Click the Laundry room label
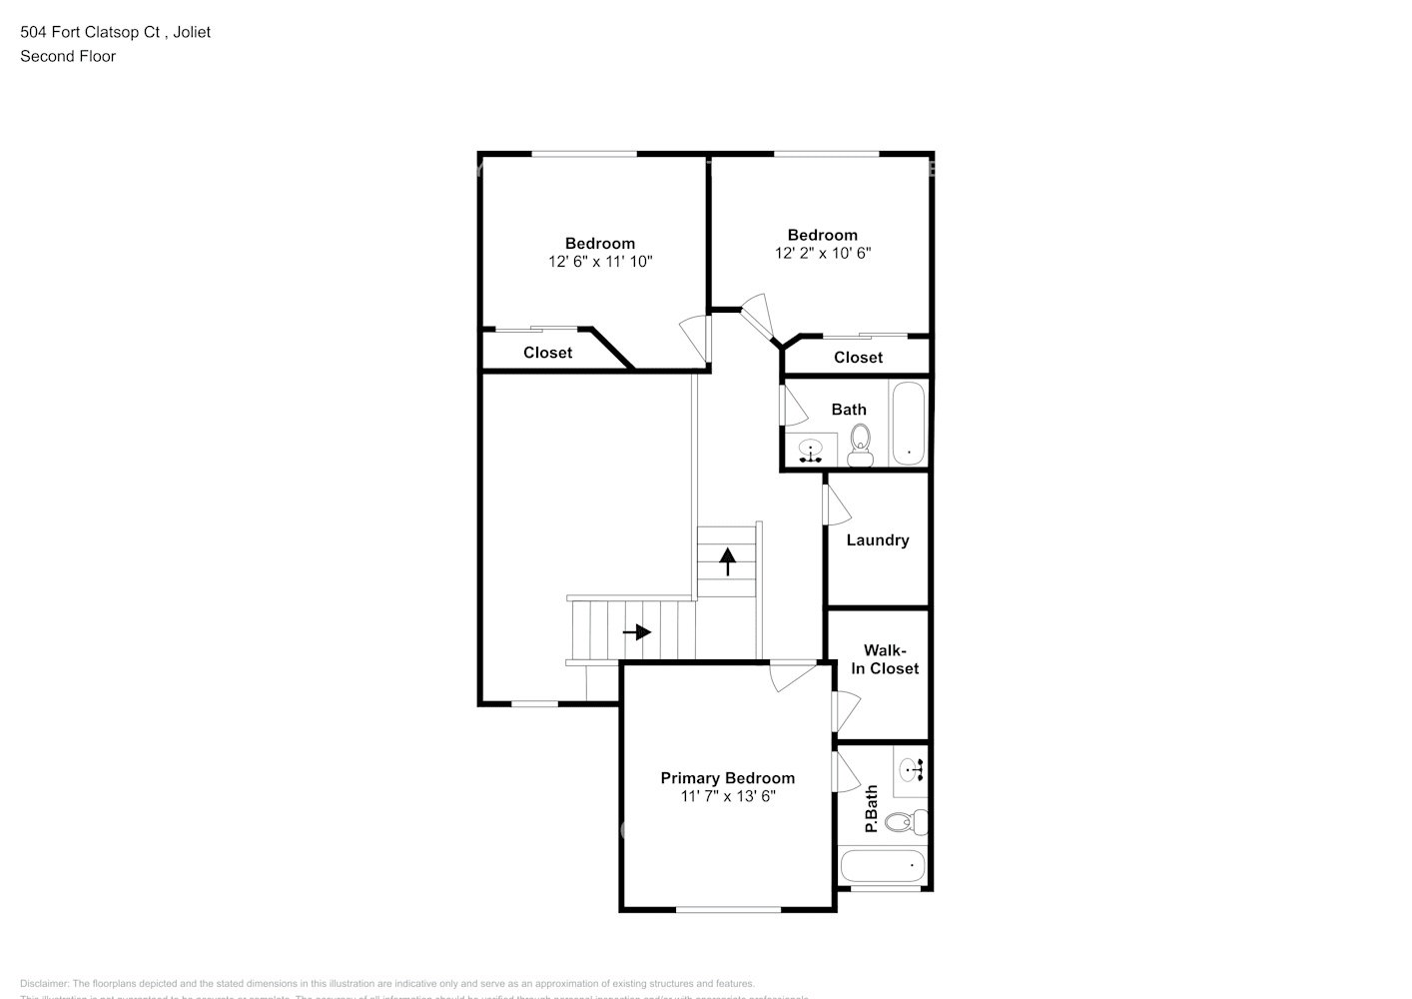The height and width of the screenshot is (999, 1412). click(x=877, y=540)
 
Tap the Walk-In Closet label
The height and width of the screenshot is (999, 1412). click(x=884, y=659)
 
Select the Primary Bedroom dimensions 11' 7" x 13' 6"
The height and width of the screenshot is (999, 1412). click(x=727, y=796)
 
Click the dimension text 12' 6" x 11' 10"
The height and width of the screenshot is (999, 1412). click(x=599, y=262)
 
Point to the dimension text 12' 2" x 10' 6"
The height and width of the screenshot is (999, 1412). click(x=822, y=254)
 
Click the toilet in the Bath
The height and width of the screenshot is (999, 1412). click(x=860, y=445)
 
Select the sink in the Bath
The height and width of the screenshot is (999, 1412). click(x=810, y=449)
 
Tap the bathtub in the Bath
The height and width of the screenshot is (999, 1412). click(x=908, y=423)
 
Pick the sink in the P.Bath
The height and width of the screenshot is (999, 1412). click(x=911, y=769)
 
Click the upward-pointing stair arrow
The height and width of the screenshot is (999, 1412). click(x=728, y=561)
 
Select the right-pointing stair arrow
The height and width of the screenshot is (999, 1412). click(x=637, y=632)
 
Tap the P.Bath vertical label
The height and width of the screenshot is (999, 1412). click(x=870, y=809)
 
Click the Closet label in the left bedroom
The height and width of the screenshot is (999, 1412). click(x=547, y=353)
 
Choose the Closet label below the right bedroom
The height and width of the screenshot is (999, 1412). click(x=858, y=358)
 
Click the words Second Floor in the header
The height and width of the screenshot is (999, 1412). click(x=68, y=56)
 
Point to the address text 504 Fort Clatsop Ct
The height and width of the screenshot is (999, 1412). click(x=92, y=32)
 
